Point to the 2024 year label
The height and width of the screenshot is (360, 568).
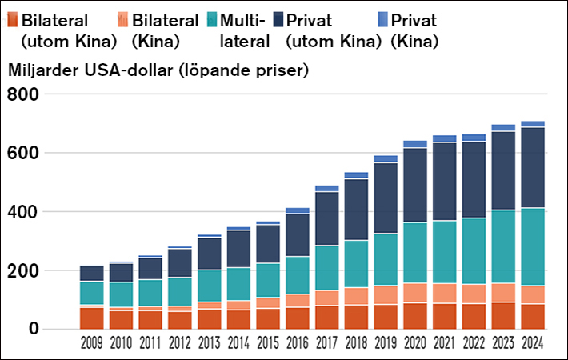pos(534,345)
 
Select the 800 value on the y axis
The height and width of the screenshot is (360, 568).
pos(22,94)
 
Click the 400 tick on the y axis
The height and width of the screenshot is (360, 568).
pos(22,212)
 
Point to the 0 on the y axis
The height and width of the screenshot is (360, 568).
pos(35,329)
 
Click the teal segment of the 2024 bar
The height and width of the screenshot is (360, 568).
pos(534,246)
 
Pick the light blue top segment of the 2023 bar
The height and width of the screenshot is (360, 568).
pos(502,127)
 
